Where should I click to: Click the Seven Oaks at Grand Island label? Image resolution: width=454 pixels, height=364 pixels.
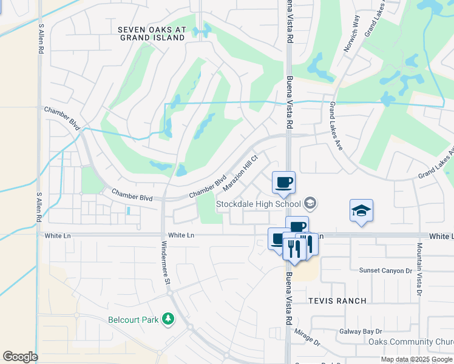point(151,33)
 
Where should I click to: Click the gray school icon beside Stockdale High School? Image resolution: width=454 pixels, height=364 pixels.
point(311,203)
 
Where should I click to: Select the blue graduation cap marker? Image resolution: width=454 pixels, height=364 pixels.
point(361,211)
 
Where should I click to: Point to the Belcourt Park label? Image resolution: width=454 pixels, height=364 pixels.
point(133,320)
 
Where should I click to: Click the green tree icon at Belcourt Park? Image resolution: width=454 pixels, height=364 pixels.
point(168,319)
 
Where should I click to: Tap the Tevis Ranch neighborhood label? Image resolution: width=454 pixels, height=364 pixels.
point(337,301)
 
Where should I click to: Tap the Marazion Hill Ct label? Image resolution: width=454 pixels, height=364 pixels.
point(241,170)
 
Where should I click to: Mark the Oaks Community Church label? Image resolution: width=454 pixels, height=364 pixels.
point(411,342)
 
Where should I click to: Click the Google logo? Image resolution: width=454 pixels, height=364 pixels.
point(19,357)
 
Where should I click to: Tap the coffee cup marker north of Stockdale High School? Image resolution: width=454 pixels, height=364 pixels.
point(283,182)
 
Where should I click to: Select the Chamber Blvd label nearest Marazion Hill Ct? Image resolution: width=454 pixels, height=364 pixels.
point(207,186)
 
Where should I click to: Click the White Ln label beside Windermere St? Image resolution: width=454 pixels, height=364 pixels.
point(181,235)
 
